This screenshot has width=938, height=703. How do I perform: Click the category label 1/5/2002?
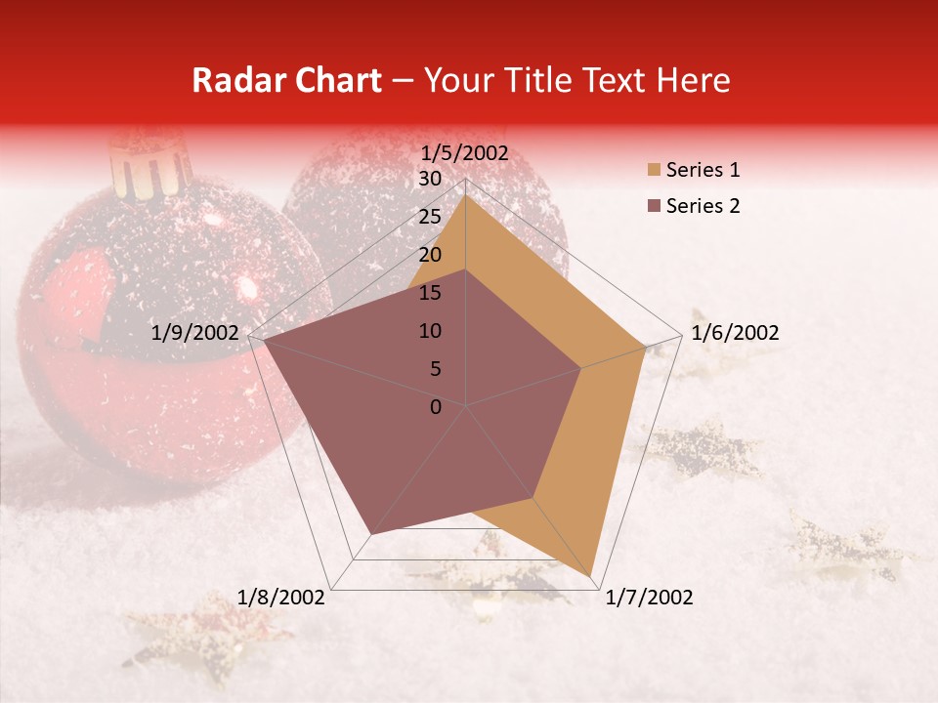pos(465,152)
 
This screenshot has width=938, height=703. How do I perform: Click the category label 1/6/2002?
pos(735,333)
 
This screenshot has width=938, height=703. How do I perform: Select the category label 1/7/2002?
pos(649,597)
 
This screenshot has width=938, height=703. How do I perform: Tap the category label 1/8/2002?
pos(281,597)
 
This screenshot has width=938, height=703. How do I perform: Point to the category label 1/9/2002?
pos(194,333)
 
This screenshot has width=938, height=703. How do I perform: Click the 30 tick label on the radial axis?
pos(429,179)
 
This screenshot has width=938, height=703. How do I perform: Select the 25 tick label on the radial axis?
pos(429,217)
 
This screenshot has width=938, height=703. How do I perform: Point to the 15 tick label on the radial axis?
pos(429,293)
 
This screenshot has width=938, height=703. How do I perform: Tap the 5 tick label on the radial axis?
pos(435,369)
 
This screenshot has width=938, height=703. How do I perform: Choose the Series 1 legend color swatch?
pos(653,170)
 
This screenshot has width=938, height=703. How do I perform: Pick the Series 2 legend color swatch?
pos(653,206)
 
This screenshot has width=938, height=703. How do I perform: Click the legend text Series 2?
pos(703,206)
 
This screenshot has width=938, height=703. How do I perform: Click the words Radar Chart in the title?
pos(286,80)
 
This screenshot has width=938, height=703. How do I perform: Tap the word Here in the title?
pos(692,80)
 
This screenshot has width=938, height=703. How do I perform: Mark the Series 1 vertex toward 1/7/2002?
pos(592,575)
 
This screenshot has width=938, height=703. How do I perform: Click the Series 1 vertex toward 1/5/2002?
pos(465,195)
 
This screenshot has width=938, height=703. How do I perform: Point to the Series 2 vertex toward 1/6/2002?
pos(581,368)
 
